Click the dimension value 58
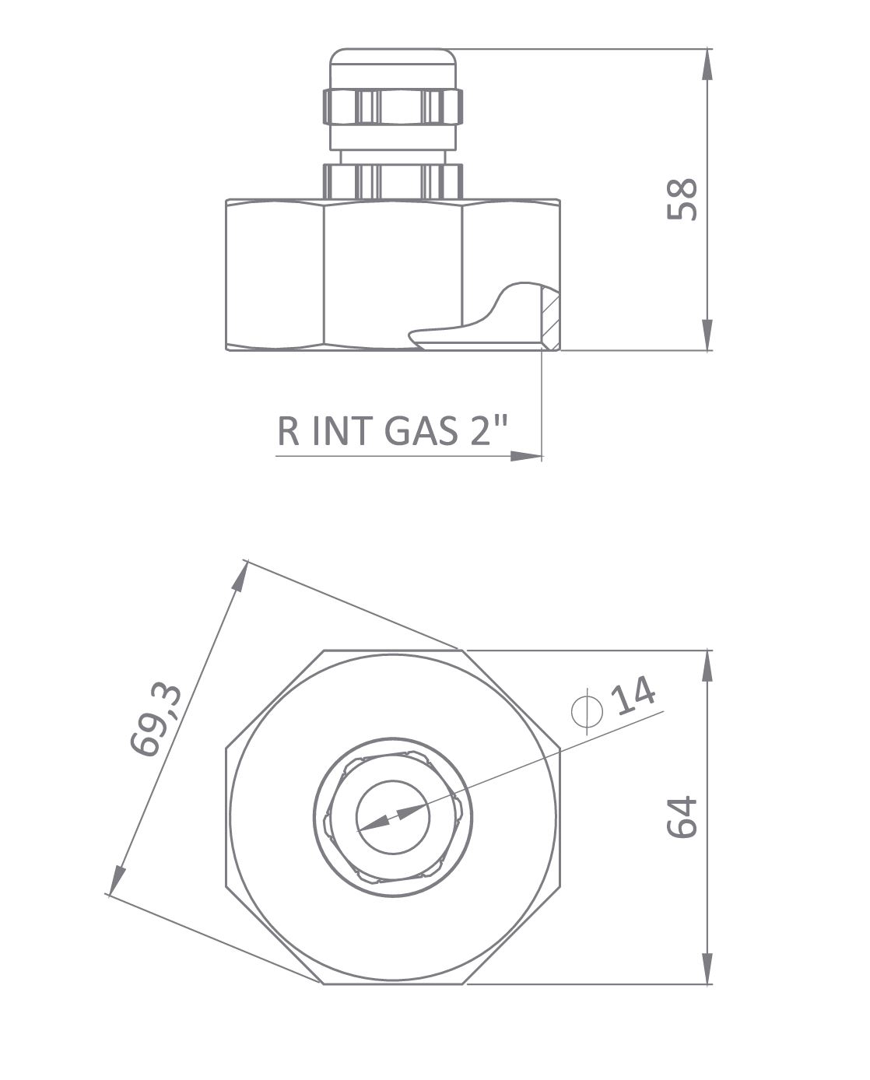682,200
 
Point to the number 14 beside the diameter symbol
633,695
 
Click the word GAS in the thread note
421,431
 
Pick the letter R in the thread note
288,431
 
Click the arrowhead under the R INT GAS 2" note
526,456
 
